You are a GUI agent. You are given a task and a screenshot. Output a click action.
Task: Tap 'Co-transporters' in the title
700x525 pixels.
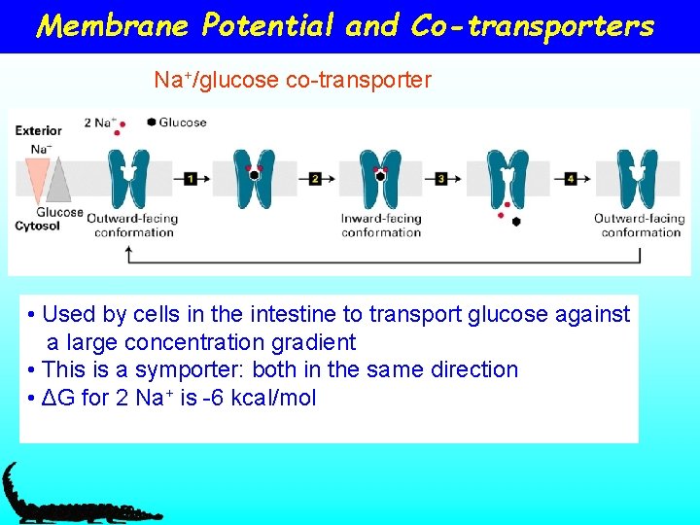point(532,25)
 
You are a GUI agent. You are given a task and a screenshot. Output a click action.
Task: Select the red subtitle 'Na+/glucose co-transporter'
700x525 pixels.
point(292,80)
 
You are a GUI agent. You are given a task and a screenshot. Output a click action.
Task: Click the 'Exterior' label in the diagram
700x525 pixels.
point(39,130)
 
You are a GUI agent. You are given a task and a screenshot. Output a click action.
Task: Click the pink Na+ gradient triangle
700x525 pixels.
point(38,180)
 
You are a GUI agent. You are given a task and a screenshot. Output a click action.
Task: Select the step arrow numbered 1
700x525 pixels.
point(191,179)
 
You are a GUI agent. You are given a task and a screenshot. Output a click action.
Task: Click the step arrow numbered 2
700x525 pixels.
point(315,179)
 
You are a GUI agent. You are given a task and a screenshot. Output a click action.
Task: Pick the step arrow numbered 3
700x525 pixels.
point(441,179)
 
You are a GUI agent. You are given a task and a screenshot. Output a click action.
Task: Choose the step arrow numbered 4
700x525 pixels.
point(570,179)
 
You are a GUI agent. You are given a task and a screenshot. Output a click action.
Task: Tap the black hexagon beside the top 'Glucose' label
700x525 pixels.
point(152,122)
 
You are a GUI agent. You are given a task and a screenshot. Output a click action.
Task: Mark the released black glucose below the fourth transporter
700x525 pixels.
point(516,222)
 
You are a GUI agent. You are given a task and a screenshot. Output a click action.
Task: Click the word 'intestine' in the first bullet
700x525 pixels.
point(291,314)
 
